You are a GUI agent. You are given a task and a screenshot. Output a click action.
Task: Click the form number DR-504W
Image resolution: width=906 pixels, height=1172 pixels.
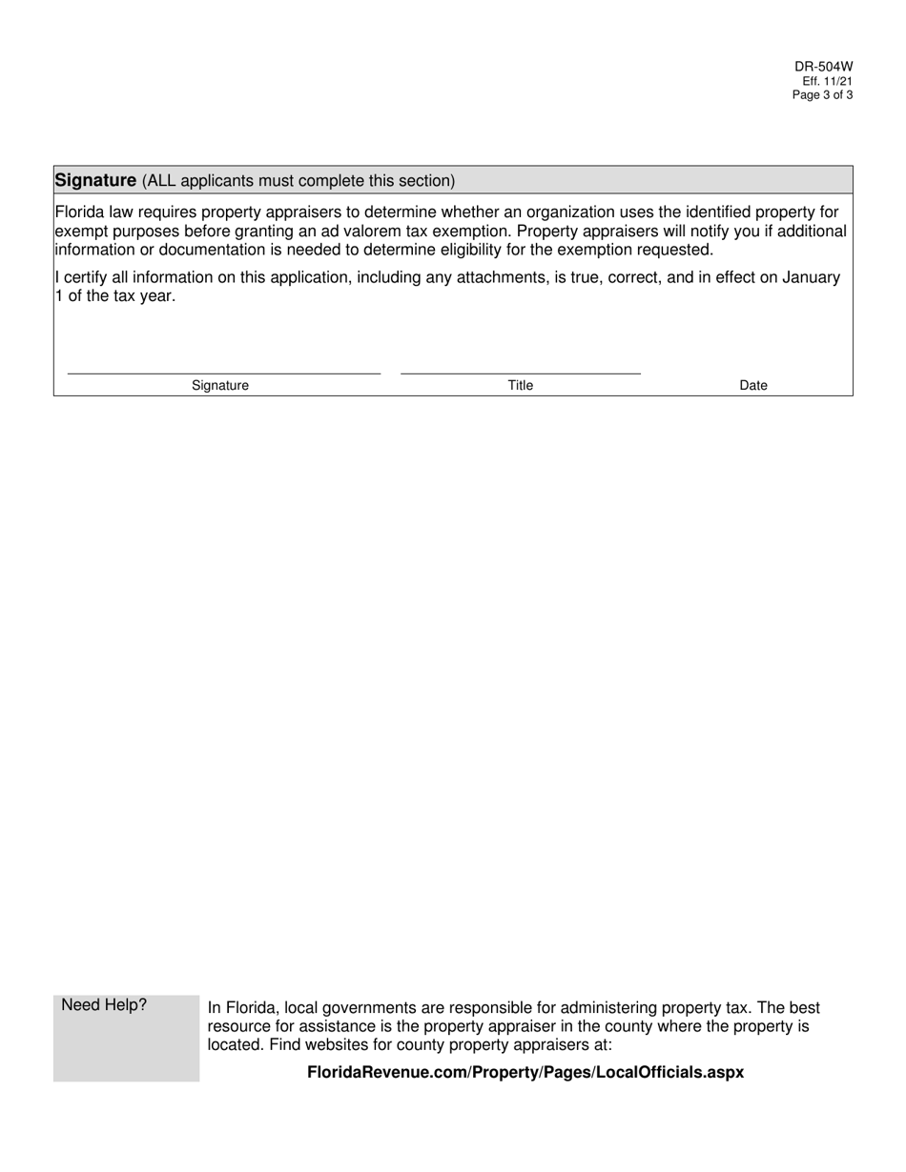(823, 67)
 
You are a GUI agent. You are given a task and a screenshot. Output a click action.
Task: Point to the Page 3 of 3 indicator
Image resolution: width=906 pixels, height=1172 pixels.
(822, 95)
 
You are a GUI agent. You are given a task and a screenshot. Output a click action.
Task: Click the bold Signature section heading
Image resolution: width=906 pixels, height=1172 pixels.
(95, 180)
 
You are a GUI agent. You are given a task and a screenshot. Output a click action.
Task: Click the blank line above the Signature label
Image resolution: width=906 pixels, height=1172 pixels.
(224, 373)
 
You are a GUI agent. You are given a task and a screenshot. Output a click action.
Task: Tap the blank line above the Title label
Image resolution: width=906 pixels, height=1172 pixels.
(520, 373)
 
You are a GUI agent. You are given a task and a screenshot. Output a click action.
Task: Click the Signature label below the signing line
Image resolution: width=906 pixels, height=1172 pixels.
(220, 386)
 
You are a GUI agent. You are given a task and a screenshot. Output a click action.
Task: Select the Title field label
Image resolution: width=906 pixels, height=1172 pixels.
(521, 386)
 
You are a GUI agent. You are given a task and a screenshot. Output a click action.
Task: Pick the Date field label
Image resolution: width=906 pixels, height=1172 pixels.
(753, 386)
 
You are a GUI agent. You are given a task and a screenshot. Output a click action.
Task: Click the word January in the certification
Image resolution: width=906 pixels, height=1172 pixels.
(811, 277)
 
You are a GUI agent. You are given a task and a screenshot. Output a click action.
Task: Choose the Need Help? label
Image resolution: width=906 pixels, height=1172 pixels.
(104, 1005)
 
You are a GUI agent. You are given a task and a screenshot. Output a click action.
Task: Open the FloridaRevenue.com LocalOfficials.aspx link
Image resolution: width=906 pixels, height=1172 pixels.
(525, 1073)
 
